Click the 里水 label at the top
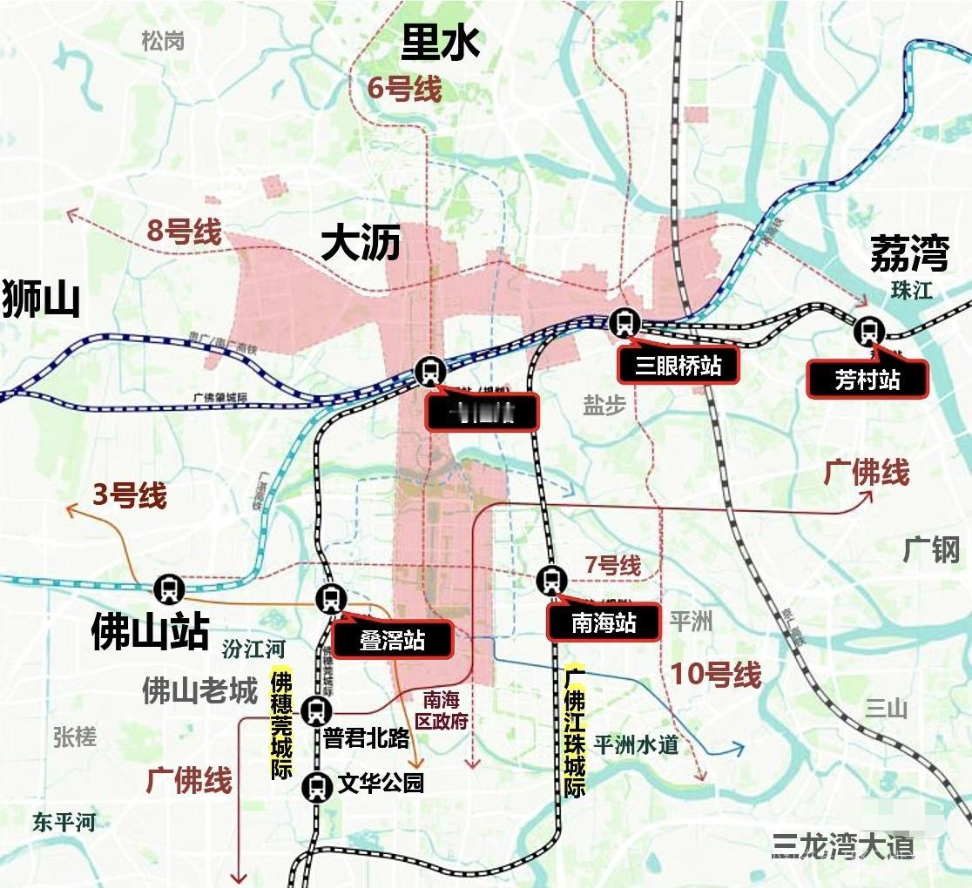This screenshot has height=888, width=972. [x=441, y=42]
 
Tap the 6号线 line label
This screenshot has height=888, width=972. [x=404, y=88]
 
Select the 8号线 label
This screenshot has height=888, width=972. [x=183, y=232]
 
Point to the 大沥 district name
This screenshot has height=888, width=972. [x=361, y=243]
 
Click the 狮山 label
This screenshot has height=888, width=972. [x=41, y=298]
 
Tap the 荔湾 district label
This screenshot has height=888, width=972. [x=908, y=254]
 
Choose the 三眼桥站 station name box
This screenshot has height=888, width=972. [x=678, y=364]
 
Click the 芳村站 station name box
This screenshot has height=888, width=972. [x=867, y=380]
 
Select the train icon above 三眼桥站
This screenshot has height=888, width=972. [x=624, y=322]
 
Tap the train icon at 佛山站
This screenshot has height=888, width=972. [x=168, y=589]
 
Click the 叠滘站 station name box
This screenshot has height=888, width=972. [x=393, y=640]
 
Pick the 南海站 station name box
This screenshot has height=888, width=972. [x=603, y=622]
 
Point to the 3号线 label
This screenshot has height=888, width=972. [x=129, y=496]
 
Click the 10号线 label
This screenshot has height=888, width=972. [x=716, y=674]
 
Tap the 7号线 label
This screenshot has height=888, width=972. [x=612, y=566]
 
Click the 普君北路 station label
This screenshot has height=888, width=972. [x=366, y=738]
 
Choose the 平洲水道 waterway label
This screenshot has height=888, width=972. [x=636, y=745]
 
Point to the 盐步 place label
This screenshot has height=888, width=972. [x=604, y=406]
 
